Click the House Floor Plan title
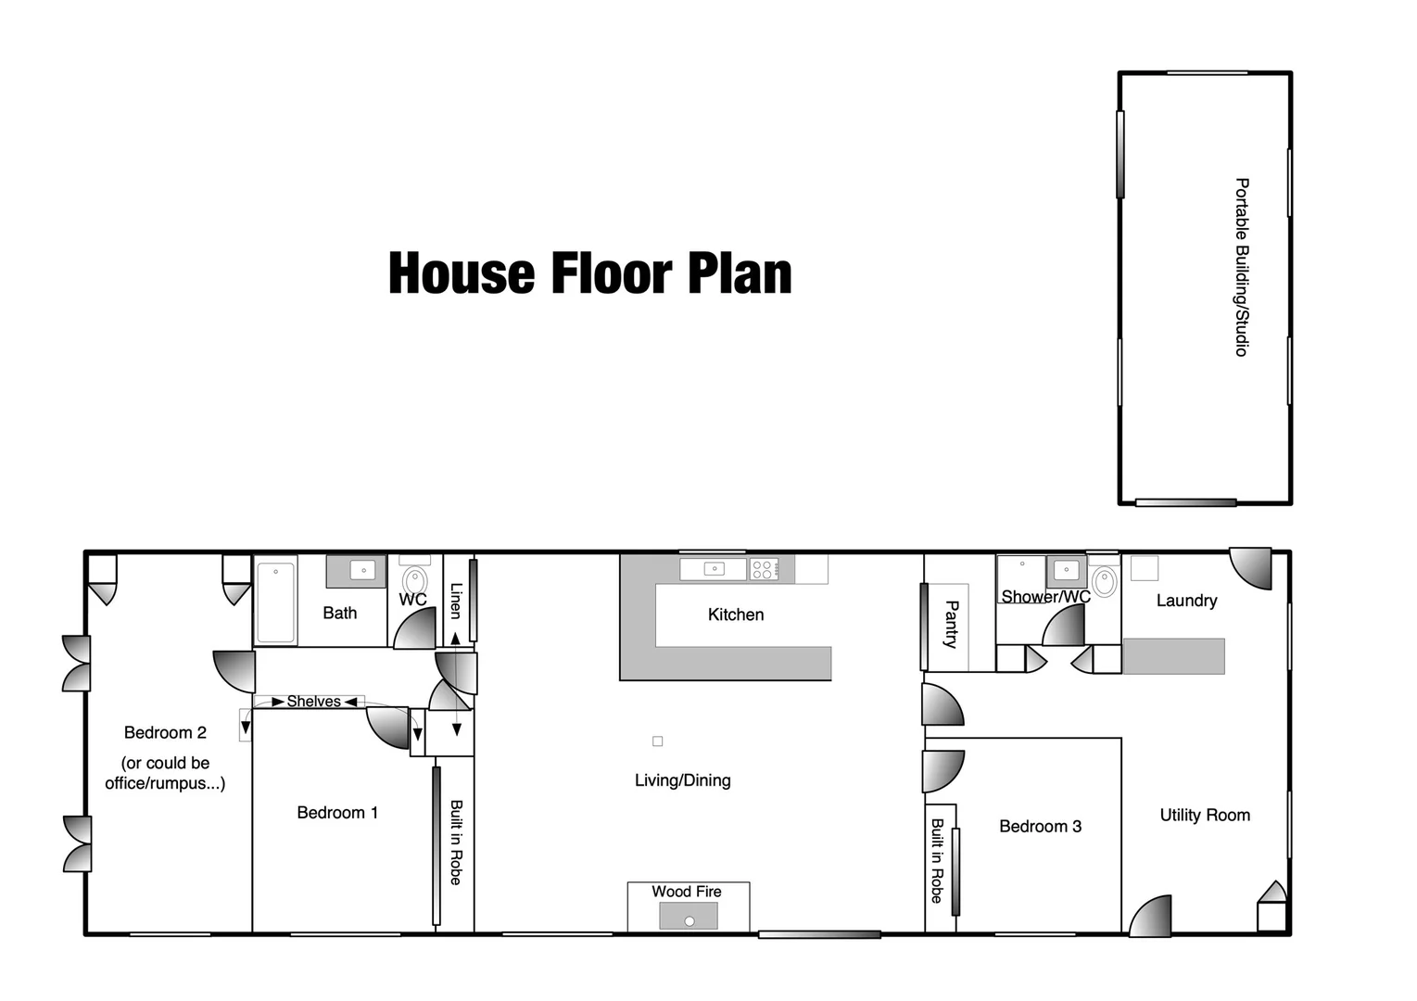pyautogui.click(x=589, y=273)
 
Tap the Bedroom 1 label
pyautogui.click(x=337, y=813)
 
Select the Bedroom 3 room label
pyautogui.click(x=1040, y=827)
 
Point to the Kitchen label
pyautogui.click(x=736, y=615)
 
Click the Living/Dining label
pyautogui.click(x=682, y=780)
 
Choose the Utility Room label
pyautogui.click(x=1205, y=816)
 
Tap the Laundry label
pyautogui.click(x=1186, y=601)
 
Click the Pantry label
pyautogui.click(x=951, y=624)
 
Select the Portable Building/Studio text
pyautogui.click(x=1242, y=267)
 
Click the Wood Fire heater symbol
pyautogui.click(x=689, y=917)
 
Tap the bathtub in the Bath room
pyautogui.click(x=275, y=601)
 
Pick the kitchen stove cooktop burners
pyautogui.click(x=763, y=569)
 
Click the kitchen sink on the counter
pyautogui.click(x=714, y=569)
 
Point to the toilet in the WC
pyautogui.click(x=416, y=580)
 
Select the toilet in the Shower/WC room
pyautogui.click(x=1104, y=581)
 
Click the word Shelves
pyautogui.click(x=313, y=702)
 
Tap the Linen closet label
pyautogui.click(x=455, y=601)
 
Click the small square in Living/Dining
pyautogui.click(x=657, y=741)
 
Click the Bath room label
pyautogui.click(x=340, y=614)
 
